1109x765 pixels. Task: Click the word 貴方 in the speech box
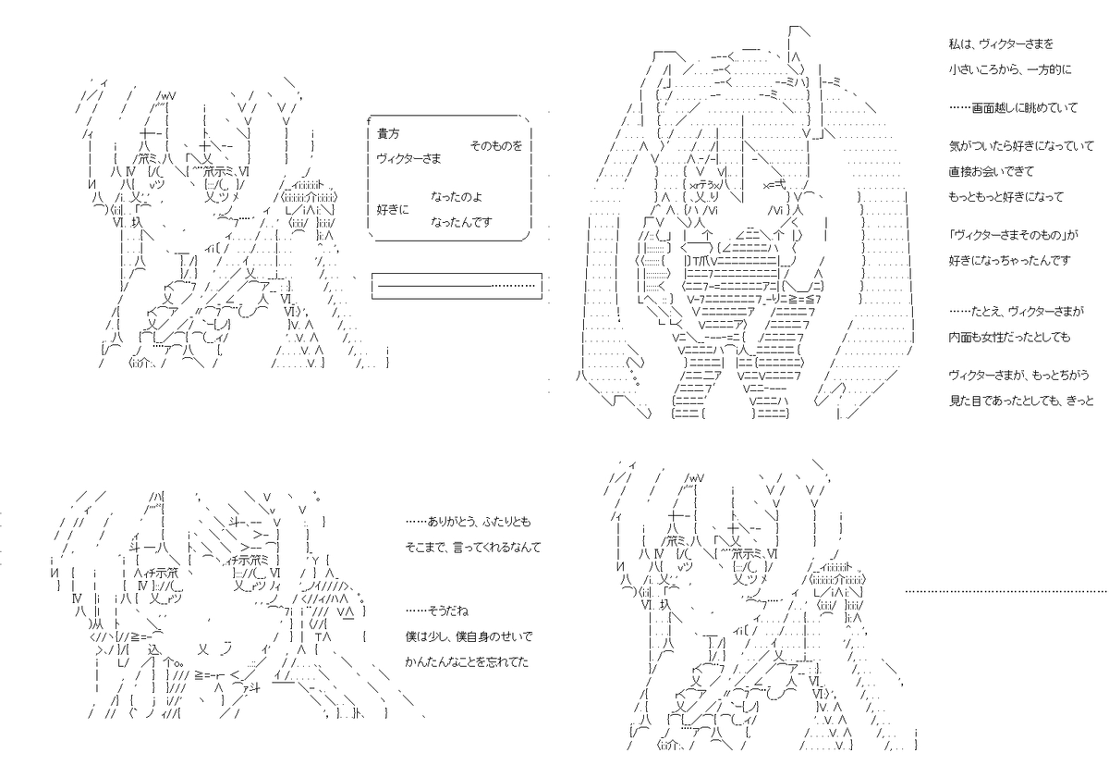tap(388, 133)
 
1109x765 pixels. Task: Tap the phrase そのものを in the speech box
tap(496, 145)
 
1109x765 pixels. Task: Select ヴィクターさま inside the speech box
tap(408, 158)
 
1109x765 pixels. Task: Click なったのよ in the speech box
tap(457, 197)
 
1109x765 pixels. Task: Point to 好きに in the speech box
tap(393, 210)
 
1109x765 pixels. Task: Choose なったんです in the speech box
tap(461, 222)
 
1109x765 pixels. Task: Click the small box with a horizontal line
tap(457, 286)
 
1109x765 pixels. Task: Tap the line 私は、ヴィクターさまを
tap(1001, 44)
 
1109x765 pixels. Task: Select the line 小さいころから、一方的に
tap(1010, 70)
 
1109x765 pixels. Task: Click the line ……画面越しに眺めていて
tap(1014, 107)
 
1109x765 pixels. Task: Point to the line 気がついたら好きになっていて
tap(1021, 145)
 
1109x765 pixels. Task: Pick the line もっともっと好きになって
tap(1006, 197)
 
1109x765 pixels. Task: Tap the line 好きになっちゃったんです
tap(1010, 260)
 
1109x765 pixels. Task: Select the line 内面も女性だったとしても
tap(1009, 337)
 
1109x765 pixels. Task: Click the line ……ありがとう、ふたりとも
tap(469, 522)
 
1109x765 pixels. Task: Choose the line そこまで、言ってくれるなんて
tap(473, 548)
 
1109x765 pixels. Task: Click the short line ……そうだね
tap(436, 611)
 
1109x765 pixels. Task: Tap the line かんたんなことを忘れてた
tap(467, 662)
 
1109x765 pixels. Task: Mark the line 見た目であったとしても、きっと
tap(1021, 401)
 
